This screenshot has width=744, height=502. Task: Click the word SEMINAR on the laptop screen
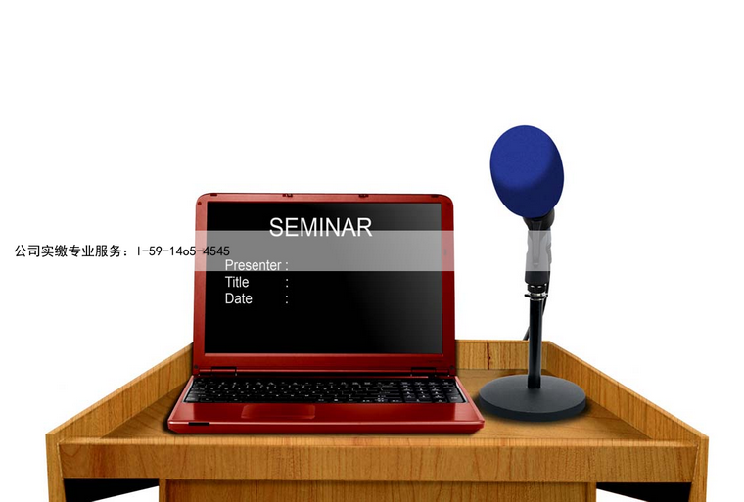[320, 227]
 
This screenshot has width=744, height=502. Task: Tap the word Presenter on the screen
[253, 265]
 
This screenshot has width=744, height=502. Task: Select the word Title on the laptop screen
[237, 282]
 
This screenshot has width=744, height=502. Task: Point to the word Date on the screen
[238, 298]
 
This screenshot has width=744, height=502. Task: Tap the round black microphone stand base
[533, 397]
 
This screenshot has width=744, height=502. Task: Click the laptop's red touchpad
[278, 411]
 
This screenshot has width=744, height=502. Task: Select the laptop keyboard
[325, 390]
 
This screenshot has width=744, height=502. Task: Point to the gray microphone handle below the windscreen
[538, 251]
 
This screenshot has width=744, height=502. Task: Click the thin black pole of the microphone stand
[535, 342]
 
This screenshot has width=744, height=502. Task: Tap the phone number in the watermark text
[183, 251]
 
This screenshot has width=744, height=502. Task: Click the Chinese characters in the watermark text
[68, 251]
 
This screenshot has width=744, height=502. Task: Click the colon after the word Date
[287, 298]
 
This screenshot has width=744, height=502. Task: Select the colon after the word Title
[287, 283]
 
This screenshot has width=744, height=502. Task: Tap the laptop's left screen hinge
[223, 371]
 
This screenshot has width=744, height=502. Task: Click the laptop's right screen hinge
[423, 371]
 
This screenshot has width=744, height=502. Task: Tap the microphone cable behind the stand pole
[527, 332]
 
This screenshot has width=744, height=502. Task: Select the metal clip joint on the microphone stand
[537, 293]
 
